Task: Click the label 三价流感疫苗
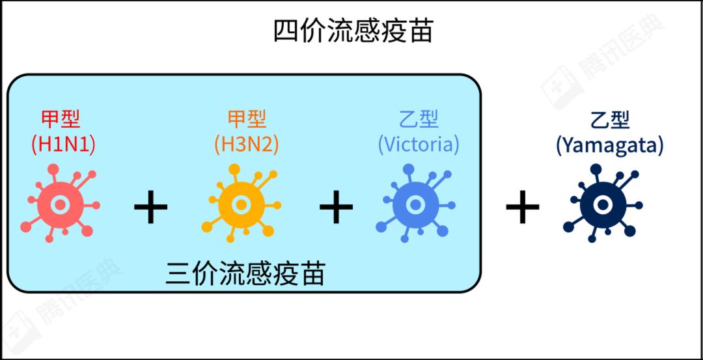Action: click(245, 274)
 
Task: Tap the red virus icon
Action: click(60, 204)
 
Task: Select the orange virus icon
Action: click(241, 204)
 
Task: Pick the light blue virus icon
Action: click(415, 204)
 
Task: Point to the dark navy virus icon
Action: click(603, 204)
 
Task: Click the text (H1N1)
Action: click(63, 145)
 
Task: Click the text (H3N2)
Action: click(247, 145)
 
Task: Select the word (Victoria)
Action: click(419, 145)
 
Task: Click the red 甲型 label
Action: click(61, 118)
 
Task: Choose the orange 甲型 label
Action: click(247, 118)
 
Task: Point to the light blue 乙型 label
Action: click(419, 118)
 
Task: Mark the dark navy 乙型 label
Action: click(610, 118)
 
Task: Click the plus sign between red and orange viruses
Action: click(150, 206)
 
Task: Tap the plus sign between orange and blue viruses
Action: click(336, 206)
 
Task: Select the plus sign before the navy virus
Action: click(522, 206)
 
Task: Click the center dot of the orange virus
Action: click(241, 205)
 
